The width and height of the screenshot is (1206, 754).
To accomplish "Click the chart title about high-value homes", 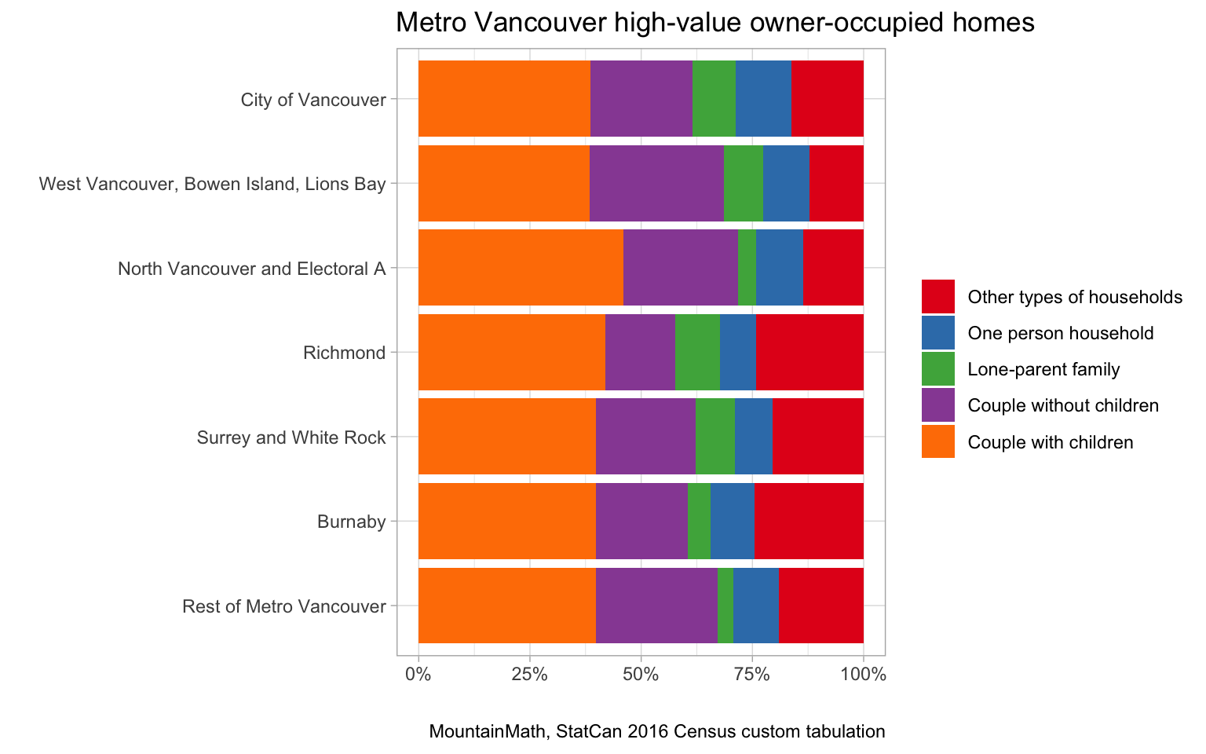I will click(714, 23).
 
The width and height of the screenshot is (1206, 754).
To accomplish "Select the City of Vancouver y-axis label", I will click(313, 100).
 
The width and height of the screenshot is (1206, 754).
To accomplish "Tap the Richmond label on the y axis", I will click(344, 353).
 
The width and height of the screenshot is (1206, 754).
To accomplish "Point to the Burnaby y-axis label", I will click(351, 522).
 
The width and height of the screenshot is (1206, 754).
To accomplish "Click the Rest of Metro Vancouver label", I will click(283, 606).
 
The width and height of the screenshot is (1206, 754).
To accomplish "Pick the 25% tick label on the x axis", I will click(529, 674).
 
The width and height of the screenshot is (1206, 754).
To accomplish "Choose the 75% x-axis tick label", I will click(751, 674).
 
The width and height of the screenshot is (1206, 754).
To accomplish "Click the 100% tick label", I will click(864, 674).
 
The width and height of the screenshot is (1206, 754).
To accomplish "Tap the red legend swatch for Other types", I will click(937, 296).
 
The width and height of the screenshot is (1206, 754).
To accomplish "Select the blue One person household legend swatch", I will click(937, 332).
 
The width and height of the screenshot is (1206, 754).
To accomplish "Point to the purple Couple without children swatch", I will click(937, 405).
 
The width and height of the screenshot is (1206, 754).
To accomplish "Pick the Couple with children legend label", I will click(1051, 442).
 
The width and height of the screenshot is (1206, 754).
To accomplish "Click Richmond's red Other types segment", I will click(809, 352).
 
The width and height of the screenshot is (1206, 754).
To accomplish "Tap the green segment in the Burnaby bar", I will click(699, 521).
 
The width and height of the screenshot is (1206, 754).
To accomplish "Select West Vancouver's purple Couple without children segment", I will click(656, 183).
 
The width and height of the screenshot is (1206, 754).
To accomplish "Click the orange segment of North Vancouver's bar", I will click(521, 267).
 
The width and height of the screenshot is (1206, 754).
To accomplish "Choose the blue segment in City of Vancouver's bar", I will click(763, 98).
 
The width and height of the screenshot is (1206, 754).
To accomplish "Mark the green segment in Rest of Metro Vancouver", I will click(725, 606).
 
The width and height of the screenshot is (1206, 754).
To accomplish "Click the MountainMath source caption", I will click(656, 732).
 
